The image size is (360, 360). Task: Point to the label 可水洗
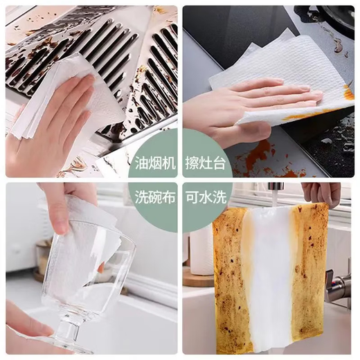coord(204,198)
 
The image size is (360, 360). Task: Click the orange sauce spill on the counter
coord(260,156)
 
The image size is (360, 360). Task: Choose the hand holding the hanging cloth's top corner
coord(322,192)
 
